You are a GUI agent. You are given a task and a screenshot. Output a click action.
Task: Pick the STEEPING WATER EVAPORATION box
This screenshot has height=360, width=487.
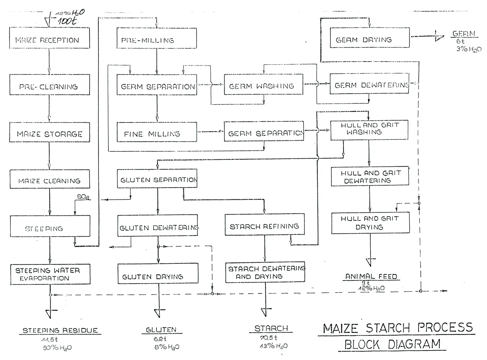pyautogui.click(x=50, y=274)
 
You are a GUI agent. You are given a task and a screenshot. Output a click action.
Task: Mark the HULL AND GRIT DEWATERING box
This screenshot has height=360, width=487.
pyautogui.click(x=370, y=176)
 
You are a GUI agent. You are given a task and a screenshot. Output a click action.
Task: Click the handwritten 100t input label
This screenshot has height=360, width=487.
pyautogui.click(x=67, y=21)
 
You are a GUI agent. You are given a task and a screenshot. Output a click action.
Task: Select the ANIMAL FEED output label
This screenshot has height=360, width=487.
pyautogui.click(x=371, y=277)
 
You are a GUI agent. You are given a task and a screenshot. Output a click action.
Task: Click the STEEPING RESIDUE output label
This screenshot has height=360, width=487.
pyautogui.click(x=60, y=330)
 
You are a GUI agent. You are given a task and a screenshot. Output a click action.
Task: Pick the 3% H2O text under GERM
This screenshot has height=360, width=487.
pyautogui.click(x=469, y=49)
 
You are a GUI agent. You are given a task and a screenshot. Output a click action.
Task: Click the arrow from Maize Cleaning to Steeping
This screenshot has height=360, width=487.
pyautogui.click(x=49, y=202)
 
